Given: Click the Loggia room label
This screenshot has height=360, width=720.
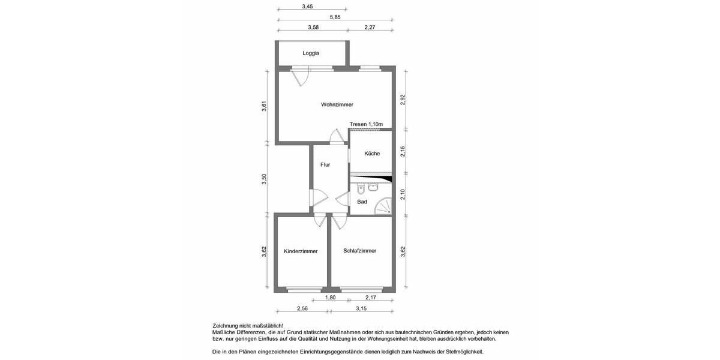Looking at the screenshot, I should coord(311,53).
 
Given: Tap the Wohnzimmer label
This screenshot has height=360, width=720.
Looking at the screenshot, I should coord(337,104).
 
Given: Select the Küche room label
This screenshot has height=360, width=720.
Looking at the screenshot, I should coord(372,154).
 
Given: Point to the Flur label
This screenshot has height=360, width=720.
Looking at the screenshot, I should coord(325,164).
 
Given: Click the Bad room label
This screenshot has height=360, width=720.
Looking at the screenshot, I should coord(362,202).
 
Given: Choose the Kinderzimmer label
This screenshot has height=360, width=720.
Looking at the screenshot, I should coord(301,251).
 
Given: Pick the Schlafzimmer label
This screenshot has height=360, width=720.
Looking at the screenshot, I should coord(360,251).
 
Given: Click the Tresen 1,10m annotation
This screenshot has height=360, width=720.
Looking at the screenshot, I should coord(366,124).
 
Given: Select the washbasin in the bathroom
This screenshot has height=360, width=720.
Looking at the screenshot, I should coord(373,187).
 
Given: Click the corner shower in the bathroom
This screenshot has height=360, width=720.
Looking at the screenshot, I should coord(383,208).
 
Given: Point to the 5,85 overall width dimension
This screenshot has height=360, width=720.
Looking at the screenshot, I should coord(334,17).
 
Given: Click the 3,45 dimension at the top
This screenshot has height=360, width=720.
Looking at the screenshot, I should coord(307,7).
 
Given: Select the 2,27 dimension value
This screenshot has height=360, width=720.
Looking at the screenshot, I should coord(370,27).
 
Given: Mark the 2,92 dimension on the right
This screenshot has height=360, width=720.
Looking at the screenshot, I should coord(403,100).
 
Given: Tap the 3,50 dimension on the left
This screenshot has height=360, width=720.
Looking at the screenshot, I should coord(264,179).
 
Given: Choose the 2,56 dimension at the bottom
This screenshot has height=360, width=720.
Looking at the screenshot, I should coord(302,308).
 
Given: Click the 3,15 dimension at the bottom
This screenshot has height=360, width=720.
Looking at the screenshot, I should coord(361,308).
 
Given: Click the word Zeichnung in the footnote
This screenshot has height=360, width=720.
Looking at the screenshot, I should coord(226,325).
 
